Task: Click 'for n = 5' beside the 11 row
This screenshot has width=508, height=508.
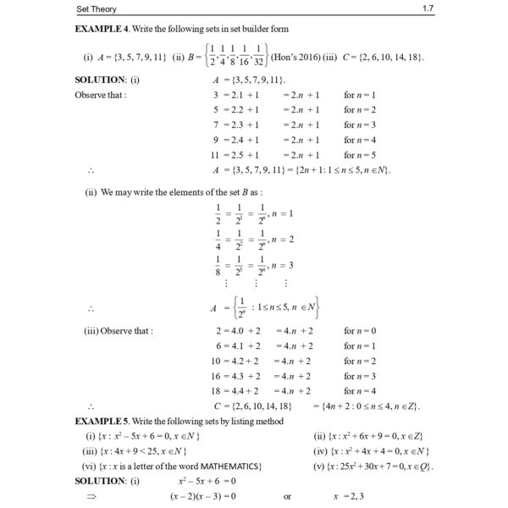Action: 360,155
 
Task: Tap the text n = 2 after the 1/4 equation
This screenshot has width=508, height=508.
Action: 283,240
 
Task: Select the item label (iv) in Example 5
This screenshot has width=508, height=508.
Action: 320,451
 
